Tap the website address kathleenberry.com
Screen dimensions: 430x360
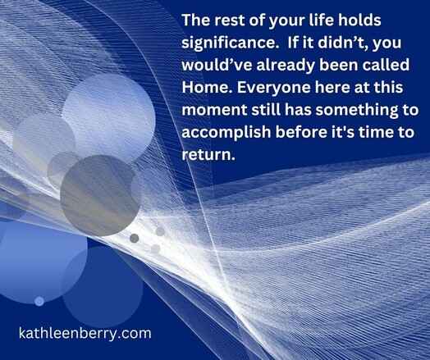85,334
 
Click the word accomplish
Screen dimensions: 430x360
226,133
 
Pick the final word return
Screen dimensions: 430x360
208,155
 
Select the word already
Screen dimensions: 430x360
286,66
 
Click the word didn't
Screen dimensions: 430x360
340,43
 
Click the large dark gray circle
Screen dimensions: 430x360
100,196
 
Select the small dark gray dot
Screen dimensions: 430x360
135,239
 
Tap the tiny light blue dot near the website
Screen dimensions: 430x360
39,302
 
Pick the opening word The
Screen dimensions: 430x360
196,21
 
